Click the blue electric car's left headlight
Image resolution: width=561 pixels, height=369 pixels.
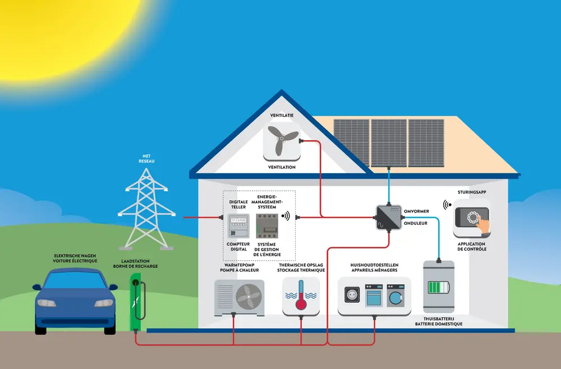click(47, 303)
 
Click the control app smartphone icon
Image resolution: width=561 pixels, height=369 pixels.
click(472, 221)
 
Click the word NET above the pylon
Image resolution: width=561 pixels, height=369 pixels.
click(146, 156)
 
